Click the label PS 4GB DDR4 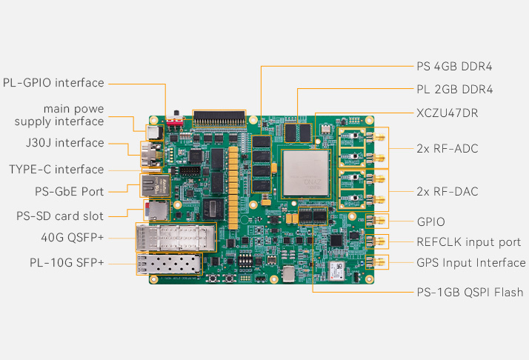(454, 66)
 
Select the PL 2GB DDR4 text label (454, 90)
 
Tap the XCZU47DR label (447, 113)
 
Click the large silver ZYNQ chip (306, 173)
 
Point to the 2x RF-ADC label (448, 148)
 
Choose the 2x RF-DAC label (448, 192)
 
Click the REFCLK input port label (469, 242)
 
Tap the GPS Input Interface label (471, 263)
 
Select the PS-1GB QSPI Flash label (470, 292)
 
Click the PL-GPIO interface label (53, 83)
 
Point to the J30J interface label (64, 143)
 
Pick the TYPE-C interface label (56, 170)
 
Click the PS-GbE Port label (69, 192)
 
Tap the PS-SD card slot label (60, 216)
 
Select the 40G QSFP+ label (72, 238)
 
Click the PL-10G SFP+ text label (67, 262)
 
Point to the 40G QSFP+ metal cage (176, 238)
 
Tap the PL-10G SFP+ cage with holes (170, 264)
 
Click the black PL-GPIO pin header (219, 119)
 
